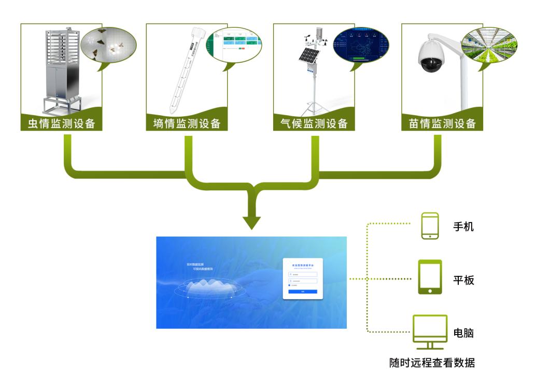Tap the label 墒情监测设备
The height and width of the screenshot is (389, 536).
click(x=187, y=123)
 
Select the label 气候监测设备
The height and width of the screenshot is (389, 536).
click(x=314, y=123)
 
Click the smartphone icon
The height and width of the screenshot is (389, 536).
click(x=430, y=226)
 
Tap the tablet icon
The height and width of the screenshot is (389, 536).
click(x=430, y=277)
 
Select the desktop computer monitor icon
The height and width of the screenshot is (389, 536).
click(x=430, y=331)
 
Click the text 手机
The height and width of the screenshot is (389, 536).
click(x=463, y=227)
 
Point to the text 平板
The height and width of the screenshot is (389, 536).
click(x=463, y=280)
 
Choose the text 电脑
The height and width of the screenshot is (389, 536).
click(x=463, y=333)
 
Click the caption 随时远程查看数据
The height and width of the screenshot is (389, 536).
click(x=432, y=363)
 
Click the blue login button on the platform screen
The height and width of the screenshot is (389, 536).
click(x=303, y=292)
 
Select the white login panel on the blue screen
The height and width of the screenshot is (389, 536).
click(x=303, y=279)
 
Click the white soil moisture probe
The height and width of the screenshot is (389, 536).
click(x=181, y=73)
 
